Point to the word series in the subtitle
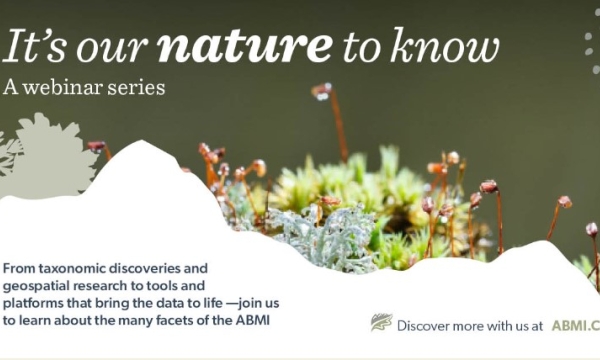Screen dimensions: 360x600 140,87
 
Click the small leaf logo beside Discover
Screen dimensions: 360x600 381,323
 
